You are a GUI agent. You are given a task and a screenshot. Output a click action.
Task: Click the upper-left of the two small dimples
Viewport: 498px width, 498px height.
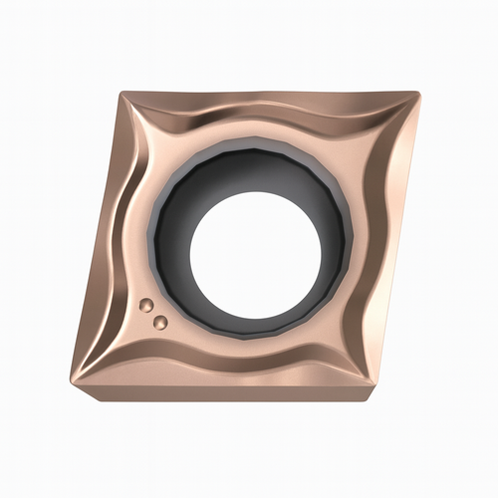[x=145, y=304]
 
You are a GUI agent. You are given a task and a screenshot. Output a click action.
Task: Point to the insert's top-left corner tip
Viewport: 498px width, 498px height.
[x=123, y=93]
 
